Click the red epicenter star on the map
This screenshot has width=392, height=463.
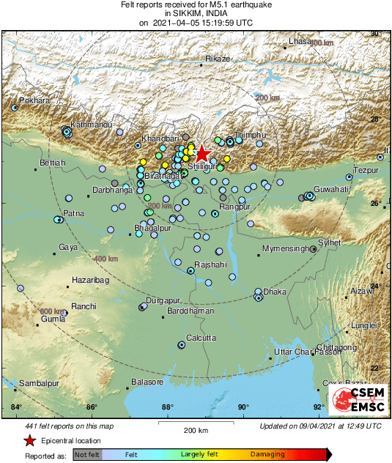click(x=202, y=153)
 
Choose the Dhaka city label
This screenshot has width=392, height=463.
click(x=275, y=292)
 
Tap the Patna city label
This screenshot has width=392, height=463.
click(x=74, y=213)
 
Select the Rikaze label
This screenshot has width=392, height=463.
click(x=218, y=58)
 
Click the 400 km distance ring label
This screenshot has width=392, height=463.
click(x=106, y=259)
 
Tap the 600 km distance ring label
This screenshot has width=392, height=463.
click(x=52, y=311)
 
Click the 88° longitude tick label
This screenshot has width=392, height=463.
click(x=167, y=407)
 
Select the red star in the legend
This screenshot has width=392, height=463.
click(x=29, y=440)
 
